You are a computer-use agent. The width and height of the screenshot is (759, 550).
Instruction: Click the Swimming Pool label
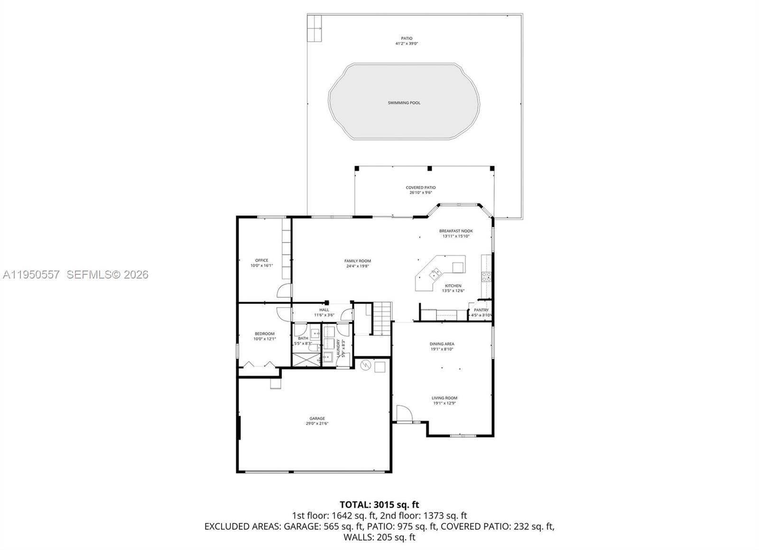click(x=404, y=103)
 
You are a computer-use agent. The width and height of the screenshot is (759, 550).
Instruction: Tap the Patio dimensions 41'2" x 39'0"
click(x=407, y=44)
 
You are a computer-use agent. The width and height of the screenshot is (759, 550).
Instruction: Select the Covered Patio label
click(x=420, y=187)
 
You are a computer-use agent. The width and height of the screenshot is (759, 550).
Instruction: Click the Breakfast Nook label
click(x=456, y=231)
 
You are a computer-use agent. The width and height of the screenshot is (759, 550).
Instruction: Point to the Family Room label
click(x=358, y=261)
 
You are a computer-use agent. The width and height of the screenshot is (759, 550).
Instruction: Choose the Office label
click(x=262, y=260)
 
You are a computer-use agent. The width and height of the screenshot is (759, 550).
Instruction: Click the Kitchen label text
click(x=453, y=286)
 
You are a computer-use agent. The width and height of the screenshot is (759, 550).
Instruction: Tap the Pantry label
click(x=481, y=310)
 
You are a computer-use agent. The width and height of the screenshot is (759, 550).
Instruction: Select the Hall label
click(x=324, y=310)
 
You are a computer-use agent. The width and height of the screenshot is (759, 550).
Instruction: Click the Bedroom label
click(x=264, y=334)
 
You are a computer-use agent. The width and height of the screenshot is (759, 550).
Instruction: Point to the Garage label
click(x=317, y=419)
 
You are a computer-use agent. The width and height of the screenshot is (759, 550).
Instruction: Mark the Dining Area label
click(x=442, y=344)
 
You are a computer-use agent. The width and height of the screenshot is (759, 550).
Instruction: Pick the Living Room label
click(x=444, y=398)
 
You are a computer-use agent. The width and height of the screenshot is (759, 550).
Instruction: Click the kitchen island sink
click(x=434, y=274)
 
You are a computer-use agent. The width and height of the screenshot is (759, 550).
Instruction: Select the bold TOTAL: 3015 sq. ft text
click(x=379, y=504)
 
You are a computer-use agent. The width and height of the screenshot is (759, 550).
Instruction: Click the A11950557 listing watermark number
click(x=31, y=274)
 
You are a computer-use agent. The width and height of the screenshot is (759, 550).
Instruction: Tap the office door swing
click(x=284, y=290)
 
